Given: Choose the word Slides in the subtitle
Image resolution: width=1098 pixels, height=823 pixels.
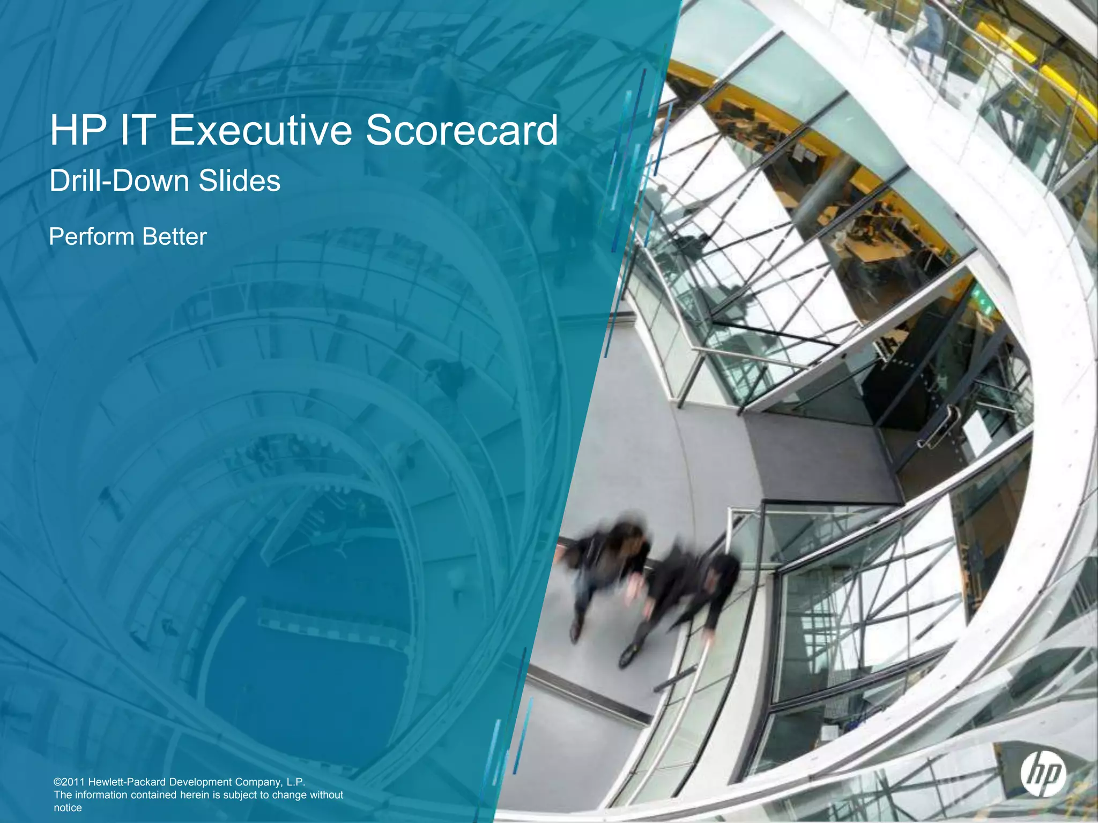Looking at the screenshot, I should [239, 181].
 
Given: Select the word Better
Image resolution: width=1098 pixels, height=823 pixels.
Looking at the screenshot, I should [174, 236].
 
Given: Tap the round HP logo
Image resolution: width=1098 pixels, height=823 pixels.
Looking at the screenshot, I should [1043, 774].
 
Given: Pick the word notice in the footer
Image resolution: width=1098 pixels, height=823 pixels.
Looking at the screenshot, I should [68, 807].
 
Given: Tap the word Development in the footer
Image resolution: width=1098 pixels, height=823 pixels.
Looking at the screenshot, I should [201, 782].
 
